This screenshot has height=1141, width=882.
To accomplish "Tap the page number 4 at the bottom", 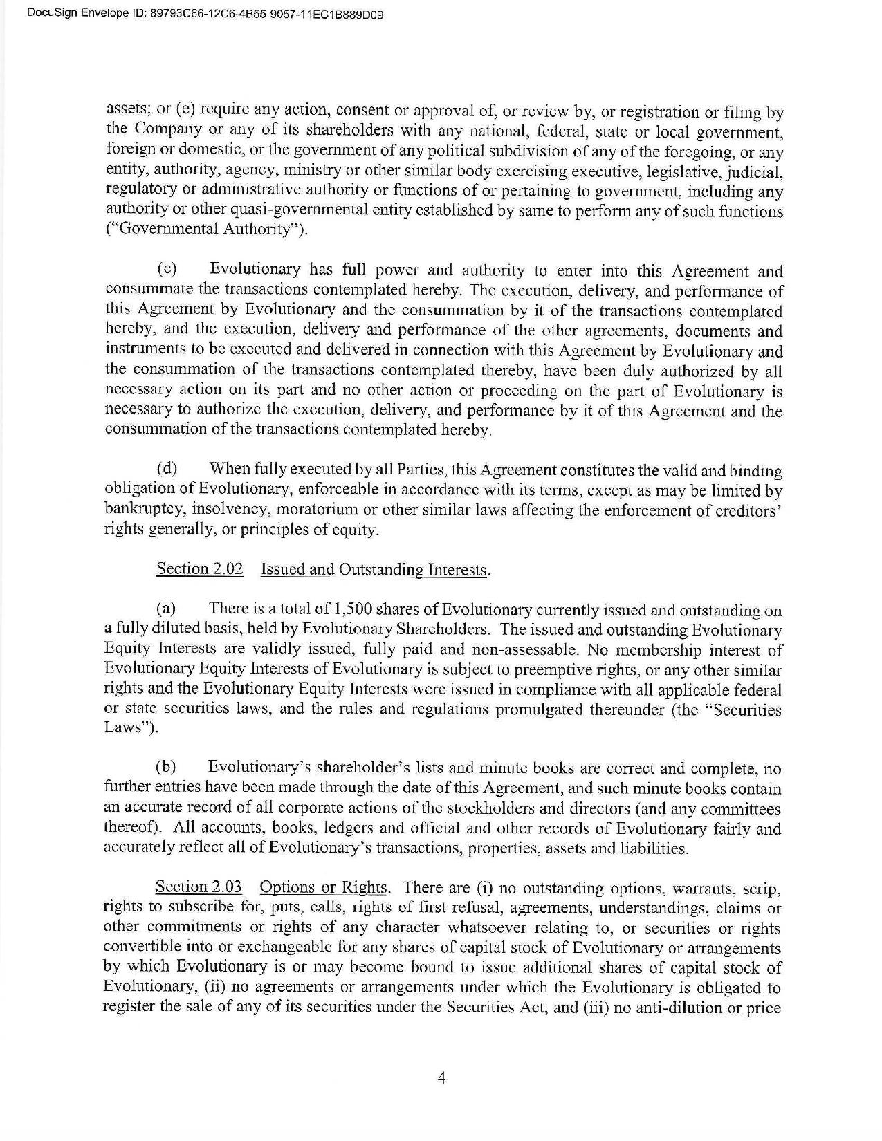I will tap(441, 1078).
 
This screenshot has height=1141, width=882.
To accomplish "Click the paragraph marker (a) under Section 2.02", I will tap(166, 610).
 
